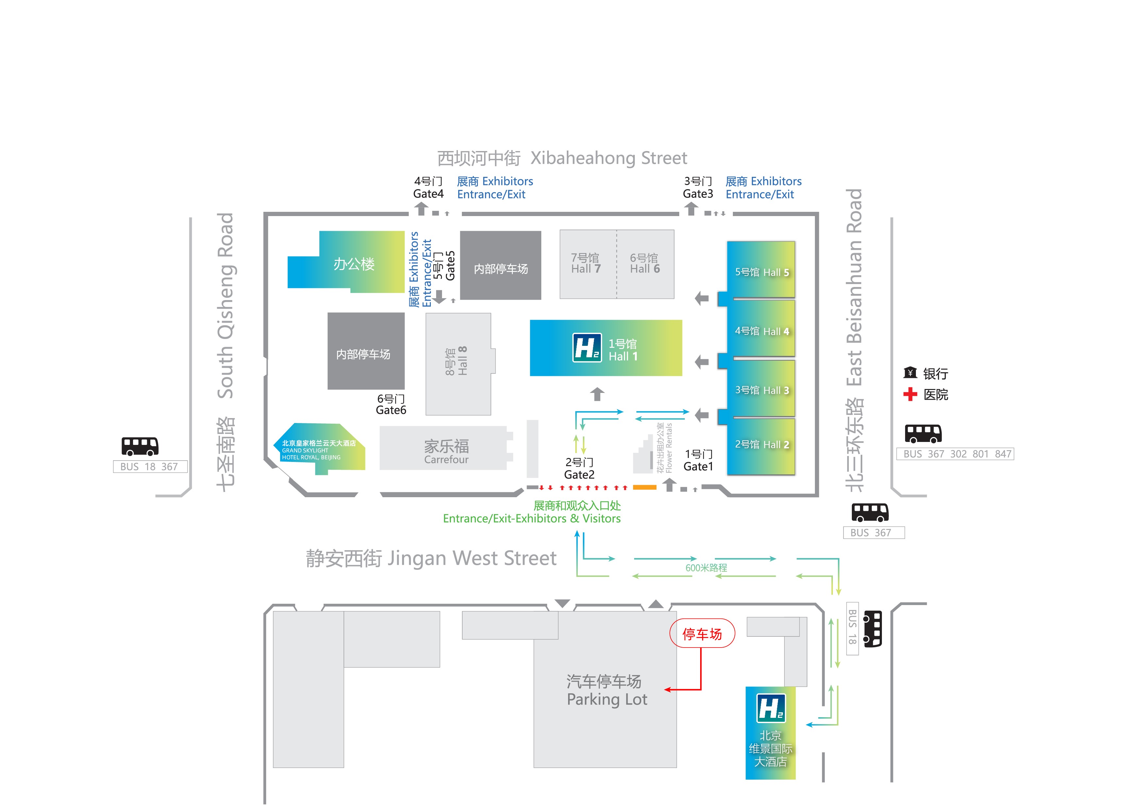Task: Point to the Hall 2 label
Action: point(762,444)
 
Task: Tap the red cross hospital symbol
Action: point(910,394)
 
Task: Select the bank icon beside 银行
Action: point(910,373)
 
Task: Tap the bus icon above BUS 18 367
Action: point(140,446)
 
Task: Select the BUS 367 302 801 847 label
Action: point(955,454)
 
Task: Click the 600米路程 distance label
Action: point(706,568)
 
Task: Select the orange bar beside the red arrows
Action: point(645,487)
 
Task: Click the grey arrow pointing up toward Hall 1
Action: point(597,394)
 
